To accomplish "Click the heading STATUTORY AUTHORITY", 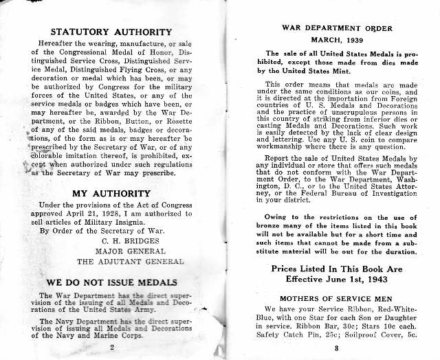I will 111,32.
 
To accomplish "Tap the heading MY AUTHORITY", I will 111,194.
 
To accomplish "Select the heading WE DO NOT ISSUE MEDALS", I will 111,282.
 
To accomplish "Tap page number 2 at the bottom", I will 111,348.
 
